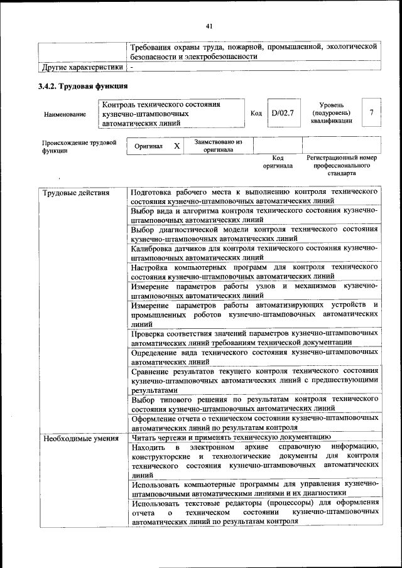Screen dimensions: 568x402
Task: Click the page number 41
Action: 210,26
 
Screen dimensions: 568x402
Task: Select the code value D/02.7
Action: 283,113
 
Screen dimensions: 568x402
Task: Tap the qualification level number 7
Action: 372,112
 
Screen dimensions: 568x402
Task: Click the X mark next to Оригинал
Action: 177,146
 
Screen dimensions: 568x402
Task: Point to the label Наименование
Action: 65,115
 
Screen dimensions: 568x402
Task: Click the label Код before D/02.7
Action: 256,114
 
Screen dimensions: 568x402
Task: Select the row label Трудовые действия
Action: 75,192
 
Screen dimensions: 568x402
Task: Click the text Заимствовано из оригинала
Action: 218,146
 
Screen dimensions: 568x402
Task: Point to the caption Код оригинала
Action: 278,162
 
